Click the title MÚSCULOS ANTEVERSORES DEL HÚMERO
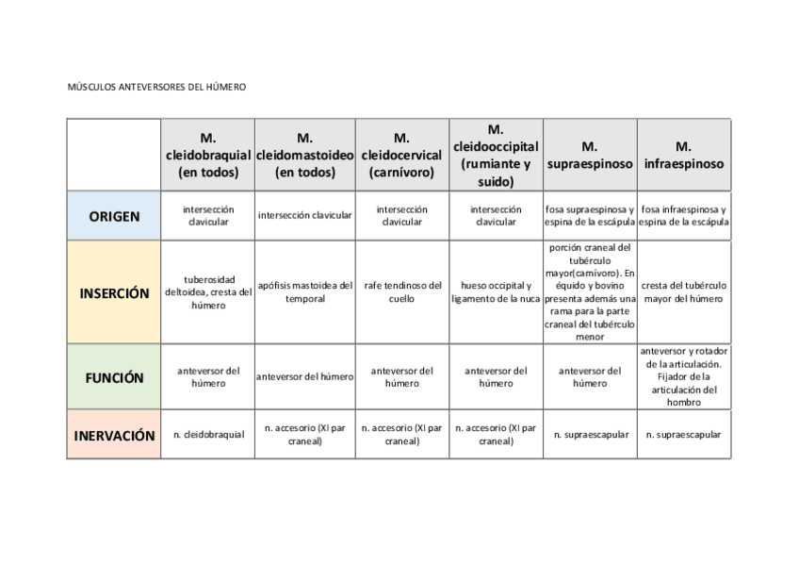156,87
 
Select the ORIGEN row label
114,216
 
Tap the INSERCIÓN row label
114,292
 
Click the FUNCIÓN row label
114,377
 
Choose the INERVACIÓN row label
114,436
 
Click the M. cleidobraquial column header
208,155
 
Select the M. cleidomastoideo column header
304,155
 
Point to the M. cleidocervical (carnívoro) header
401,155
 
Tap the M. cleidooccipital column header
496,155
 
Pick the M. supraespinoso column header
590,155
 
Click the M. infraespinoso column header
684,155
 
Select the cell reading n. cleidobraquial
208,435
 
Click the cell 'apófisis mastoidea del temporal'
304,292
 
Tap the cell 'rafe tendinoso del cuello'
401,292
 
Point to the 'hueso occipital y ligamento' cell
496,292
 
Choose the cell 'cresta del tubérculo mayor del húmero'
684,292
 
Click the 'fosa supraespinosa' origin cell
590,216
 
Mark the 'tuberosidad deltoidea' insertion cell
208,292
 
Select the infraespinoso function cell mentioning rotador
684,376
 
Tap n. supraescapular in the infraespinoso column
684,435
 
